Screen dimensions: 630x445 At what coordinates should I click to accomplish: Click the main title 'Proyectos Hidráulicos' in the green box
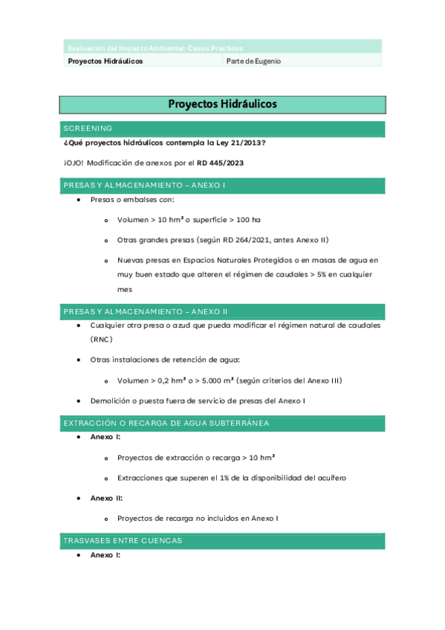222,105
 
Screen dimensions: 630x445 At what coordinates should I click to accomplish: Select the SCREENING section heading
88,129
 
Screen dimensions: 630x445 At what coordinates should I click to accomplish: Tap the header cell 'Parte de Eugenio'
253,61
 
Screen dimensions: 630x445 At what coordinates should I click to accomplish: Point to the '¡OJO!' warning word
74,163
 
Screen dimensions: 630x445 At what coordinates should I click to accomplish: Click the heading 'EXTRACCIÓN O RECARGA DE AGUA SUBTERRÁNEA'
166,423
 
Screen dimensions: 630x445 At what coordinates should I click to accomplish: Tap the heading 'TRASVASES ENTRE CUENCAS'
123,540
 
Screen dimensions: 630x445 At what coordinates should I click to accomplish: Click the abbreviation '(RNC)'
101,339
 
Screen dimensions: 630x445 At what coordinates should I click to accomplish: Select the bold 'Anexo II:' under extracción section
106,498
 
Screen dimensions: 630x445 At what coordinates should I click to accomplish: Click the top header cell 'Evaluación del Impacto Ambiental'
155,48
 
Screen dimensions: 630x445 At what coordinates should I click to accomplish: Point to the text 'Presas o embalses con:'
132,200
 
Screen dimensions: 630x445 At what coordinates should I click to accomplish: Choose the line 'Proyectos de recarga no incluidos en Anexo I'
198,518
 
